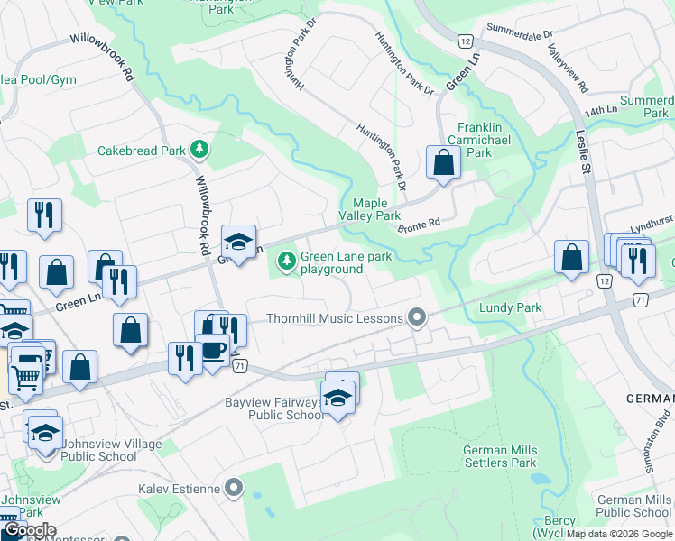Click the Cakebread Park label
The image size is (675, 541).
click(x=141, y=151)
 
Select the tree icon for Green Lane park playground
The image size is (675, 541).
click(x=287, y=261)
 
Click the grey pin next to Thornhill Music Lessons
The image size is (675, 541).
click(x=416, y=317)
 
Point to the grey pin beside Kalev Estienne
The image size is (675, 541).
click(x=234, y=490)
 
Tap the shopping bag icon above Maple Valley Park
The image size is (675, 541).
click(x=443, y=163)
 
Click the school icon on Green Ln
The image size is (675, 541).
click(x=238, y=243)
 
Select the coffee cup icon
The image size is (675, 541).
click(x=213, y=351)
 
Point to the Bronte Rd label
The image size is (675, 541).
click(x=418, y=225)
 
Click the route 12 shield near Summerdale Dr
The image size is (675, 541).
click(x=465, y=41)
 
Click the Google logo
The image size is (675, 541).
click(x=29, y=530)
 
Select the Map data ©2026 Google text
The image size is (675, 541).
click(x=619, y=534)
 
